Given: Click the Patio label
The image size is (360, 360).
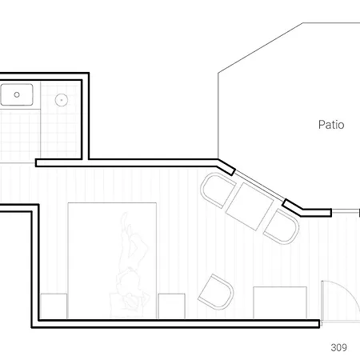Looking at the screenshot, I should click(331, 125).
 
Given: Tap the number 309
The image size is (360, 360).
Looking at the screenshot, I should click(338, 347).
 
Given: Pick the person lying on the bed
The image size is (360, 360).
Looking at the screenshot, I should click(131, 260).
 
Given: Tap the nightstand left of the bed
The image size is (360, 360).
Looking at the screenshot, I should click(53, 306).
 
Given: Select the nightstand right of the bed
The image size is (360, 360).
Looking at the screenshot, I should click(171, 306).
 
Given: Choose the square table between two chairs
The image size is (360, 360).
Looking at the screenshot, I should click(250, 205).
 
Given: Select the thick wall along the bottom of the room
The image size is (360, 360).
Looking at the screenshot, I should click(176, 323).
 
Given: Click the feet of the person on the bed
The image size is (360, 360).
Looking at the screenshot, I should click(126, 220).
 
